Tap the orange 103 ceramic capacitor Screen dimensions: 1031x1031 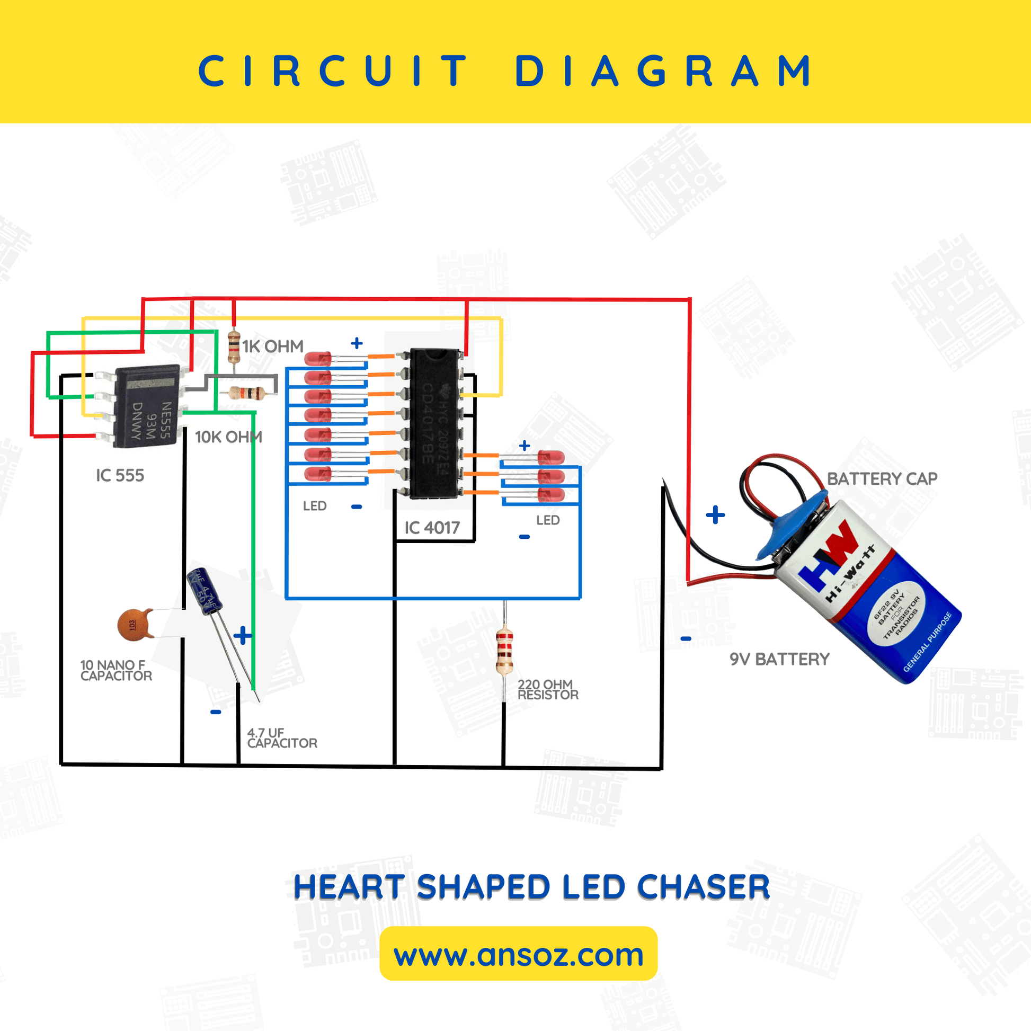132,624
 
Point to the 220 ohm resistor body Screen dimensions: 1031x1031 504,651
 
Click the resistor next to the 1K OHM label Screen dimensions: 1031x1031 234,347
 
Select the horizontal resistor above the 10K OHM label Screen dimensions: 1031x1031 246,394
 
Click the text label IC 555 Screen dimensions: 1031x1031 120,475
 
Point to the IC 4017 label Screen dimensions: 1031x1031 432,528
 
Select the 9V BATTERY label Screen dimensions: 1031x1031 779,659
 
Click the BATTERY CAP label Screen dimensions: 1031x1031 882,479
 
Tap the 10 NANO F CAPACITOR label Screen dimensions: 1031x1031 116,670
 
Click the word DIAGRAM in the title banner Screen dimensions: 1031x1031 663,71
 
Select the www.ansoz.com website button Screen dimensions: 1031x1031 518,955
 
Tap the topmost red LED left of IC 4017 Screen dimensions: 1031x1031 318,359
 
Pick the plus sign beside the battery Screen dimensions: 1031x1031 715,515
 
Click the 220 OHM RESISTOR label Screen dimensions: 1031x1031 547,689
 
